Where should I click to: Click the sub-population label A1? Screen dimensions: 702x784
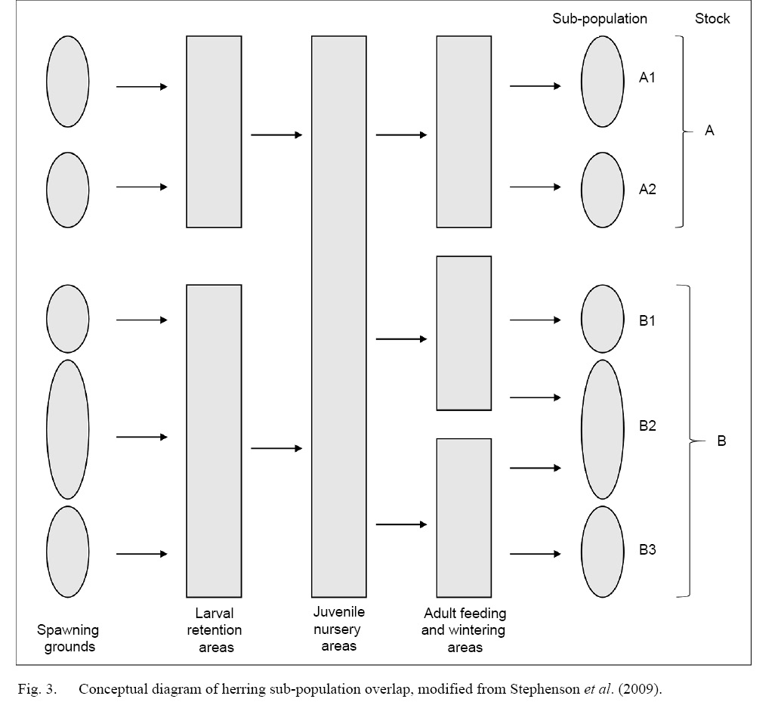pyautogui.click(x=647, y=77)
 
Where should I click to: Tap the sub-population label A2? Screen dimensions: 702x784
pyautogui.click(x=647, y=189)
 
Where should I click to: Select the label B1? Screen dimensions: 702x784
pyautogui.click(x=647, y=320)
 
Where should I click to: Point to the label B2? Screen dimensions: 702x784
pyautogui.click(x=647, y=425)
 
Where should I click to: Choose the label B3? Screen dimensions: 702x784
pyautogui.click(x=647, y=549)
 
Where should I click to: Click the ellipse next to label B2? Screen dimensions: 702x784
pyautogui.click(x=602, y=429)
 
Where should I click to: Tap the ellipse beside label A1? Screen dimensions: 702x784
pyautogui.click(x=602, y=81)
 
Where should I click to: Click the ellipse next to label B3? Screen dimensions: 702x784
pyautogui.click(x=602, y=552)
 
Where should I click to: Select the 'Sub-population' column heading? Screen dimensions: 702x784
pyautogui.click(x=600, y=19)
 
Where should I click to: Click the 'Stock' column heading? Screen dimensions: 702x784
pyautogui.click(x=712, y=19)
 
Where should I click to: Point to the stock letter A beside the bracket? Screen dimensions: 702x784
pyautogui.click(x=709, y=131)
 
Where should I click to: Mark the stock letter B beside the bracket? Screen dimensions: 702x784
pyautogui.click(x=721, y=441)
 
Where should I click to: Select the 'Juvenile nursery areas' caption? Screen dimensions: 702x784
pyautogui.click(x=338, y=629)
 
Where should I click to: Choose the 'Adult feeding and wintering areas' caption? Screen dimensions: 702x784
pyautogui.click(x=465, y=630)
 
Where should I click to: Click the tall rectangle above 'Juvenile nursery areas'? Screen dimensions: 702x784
pyautogui.click(x=339, y=316)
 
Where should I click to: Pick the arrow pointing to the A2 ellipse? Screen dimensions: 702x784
pyautogui.click(x=535, y=187)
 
